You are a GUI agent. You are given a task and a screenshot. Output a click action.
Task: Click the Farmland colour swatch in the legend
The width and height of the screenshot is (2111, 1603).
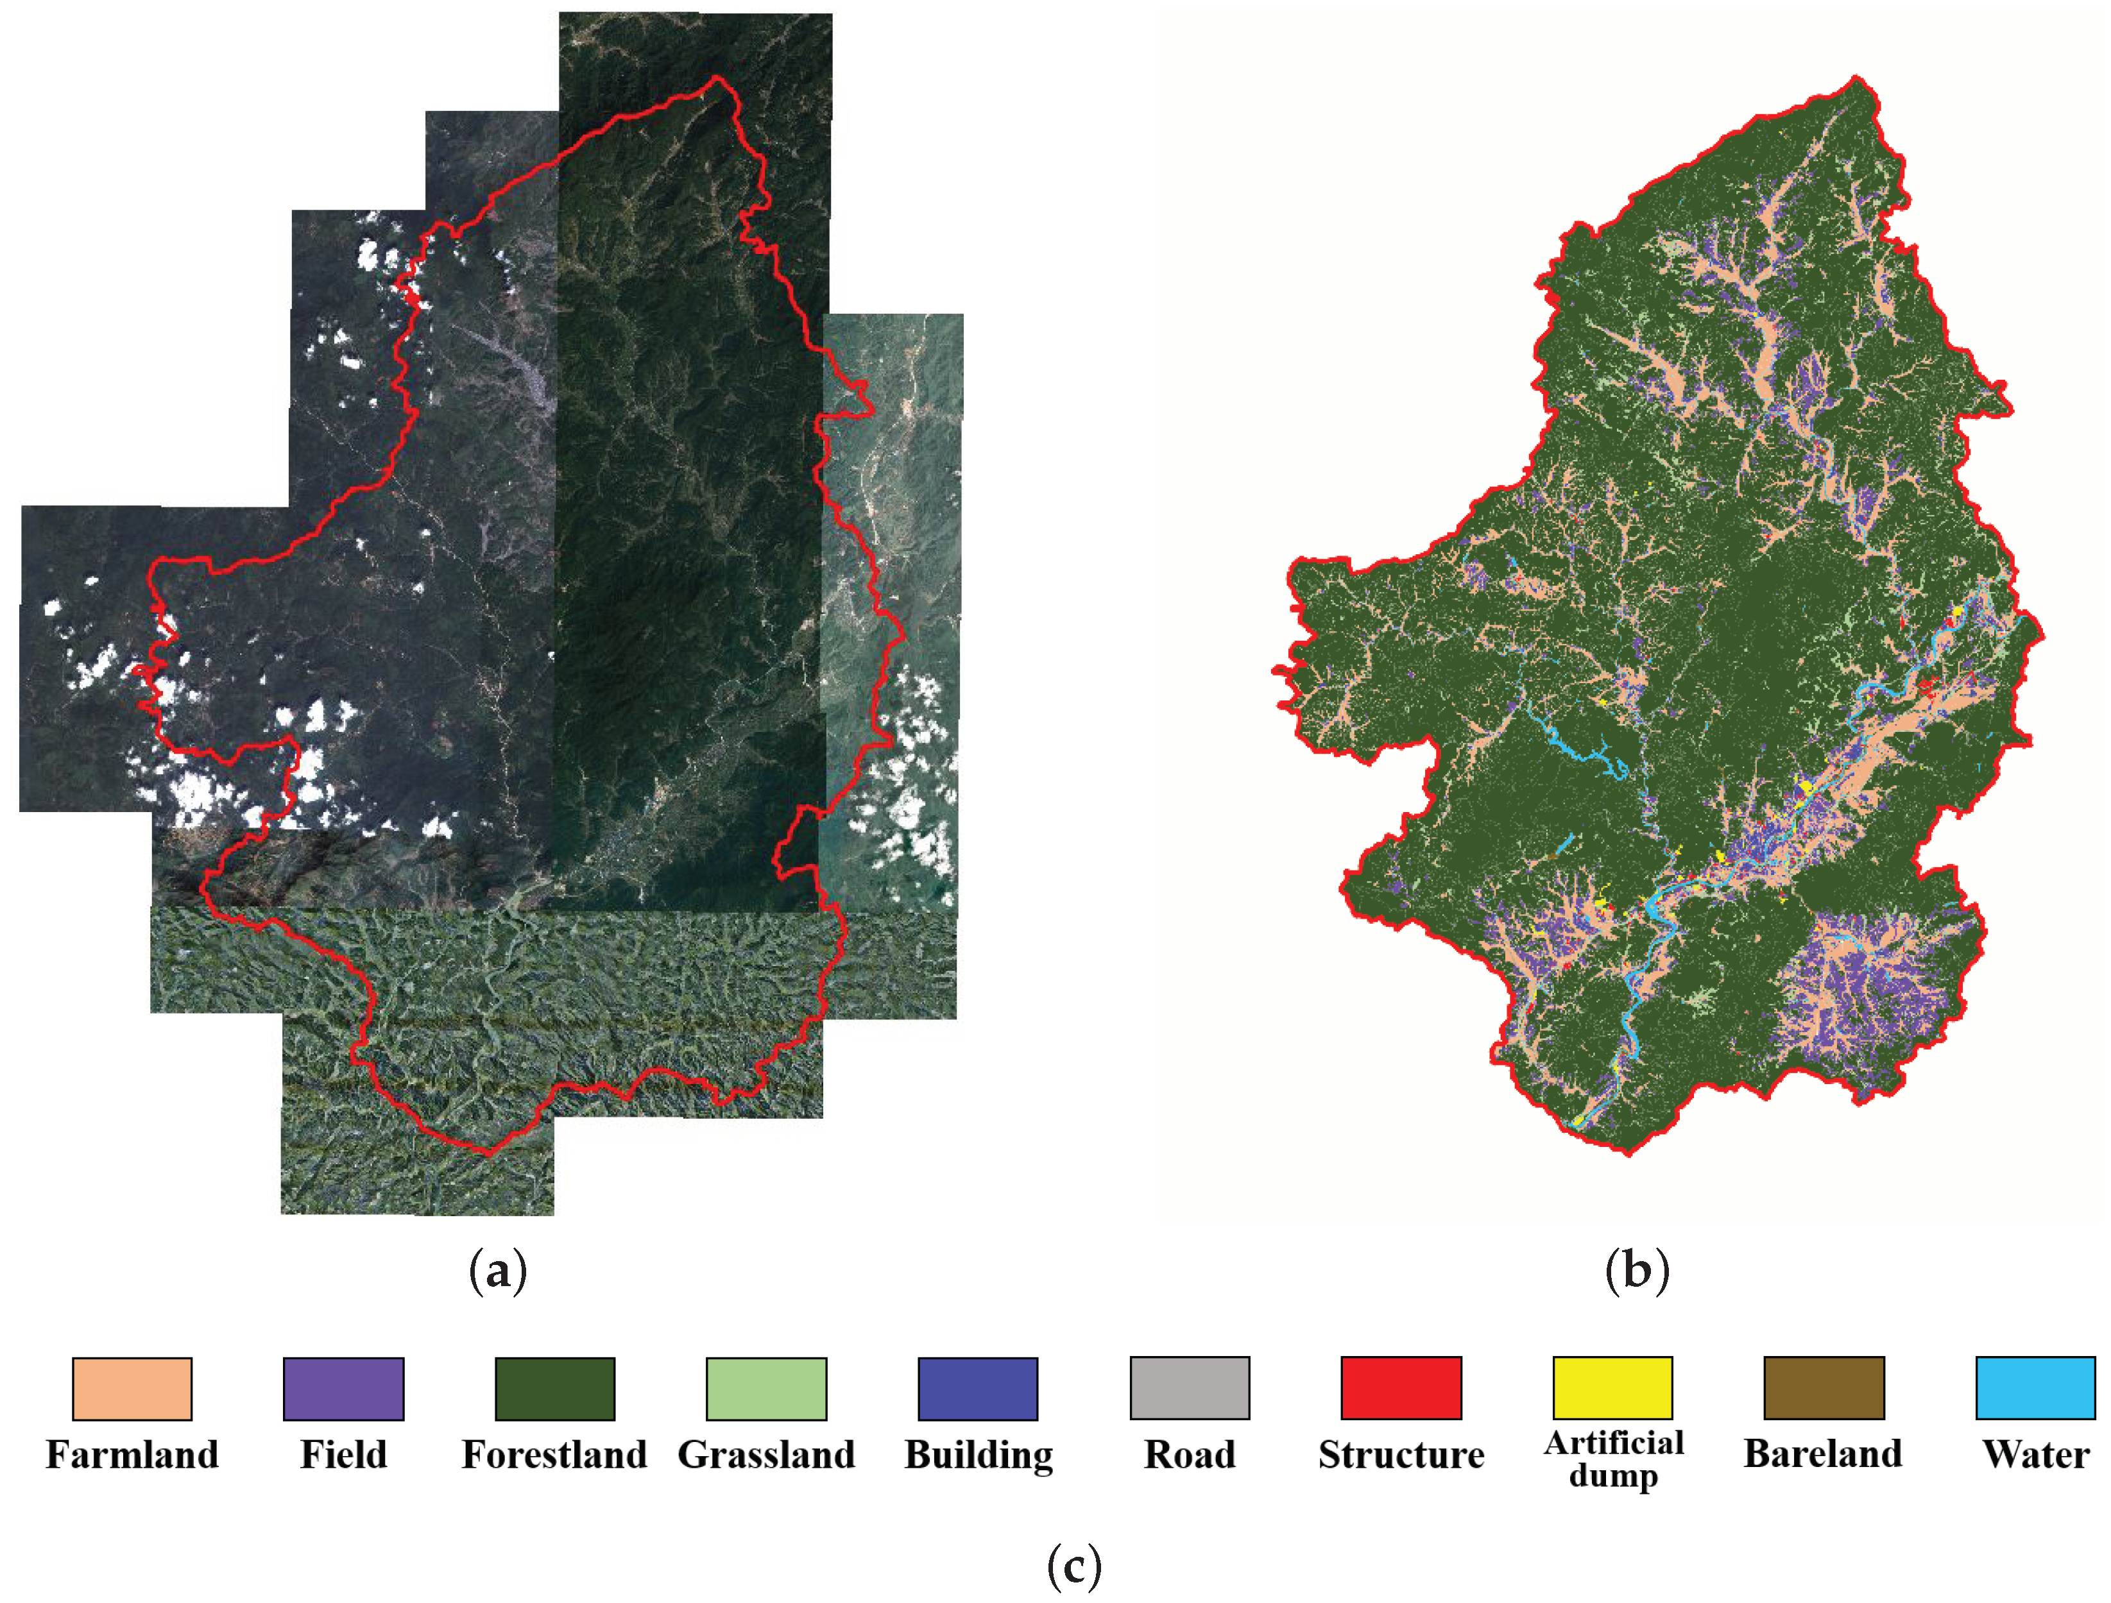click(132, 1388)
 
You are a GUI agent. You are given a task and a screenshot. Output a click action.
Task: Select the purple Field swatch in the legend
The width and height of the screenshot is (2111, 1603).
click(343, 1388)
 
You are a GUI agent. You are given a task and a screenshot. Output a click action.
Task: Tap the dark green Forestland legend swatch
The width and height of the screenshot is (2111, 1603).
click(554, 1388)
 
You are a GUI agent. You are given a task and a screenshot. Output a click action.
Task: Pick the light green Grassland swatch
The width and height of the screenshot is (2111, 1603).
click(766, 1388)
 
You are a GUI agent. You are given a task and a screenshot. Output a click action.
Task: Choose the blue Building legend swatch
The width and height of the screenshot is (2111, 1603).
click(977, 1388)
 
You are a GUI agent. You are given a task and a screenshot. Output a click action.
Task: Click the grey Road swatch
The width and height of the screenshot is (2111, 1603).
click(1189, 1388)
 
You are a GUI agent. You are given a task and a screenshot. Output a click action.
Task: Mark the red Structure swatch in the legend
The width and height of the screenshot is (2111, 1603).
click(1401, 1388)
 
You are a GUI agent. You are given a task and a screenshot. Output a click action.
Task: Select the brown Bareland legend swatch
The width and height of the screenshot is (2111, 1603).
click(1824, 1388)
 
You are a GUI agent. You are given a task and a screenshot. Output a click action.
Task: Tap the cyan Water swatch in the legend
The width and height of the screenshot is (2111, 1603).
click(2035, 1388)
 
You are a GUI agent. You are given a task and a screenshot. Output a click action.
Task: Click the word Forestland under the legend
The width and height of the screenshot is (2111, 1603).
click(554, 1455)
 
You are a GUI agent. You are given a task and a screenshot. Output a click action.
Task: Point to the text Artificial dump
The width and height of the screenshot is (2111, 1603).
click(1613, 1459)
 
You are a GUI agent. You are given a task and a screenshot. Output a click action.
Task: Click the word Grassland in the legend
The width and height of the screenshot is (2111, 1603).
click(766, 1455)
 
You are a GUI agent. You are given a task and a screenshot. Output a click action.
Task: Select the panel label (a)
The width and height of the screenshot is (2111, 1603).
click(497, 1272)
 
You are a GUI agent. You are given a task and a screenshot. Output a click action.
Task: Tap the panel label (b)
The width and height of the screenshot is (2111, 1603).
click(1637, 1272)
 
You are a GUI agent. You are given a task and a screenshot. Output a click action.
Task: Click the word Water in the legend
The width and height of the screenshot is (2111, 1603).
click(2035, 1455)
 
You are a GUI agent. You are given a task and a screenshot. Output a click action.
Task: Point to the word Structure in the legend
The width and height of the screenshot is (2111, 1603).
click(1401, 1455)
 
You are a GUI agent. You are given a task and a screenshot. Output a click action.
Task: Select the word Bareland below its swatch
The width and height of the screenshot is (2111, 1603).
click(1823, 1453)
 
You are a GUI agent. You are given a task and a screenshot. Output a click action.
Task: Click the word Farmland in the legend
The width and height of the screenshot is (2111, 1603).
click(132, 1455)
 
